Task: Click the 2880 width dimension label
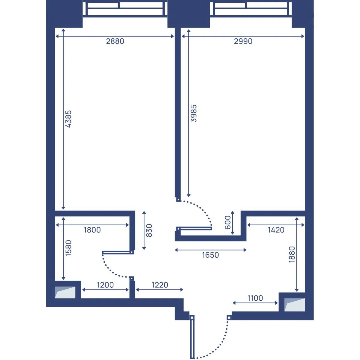tap(115, 41)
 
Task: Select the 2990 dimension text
tap(243, 41)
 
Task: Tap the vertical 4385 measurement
tap(68, 119)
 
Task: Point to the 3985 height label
tap(194, 113)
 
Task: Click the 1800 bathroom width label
tap(92, 230)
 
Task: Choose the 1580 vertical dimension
tap(68, 248)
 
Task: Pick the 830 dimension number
tap(149, 230)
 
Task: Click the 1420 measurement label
tap(276, 230)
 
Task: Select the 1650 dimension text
tap(211, 255)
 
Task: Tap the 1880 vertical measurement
tap(292, 254)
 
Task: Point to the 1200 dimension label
tap(105, 285)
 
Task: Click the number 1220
tap(160, 285)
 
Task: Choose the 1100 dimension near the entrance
tap(255, 298)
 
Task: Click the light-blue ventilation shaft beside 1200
tap(65, 292)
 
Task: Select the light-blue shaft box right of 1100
tap(295, 305)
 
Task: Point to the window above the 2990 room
tap(251, 9)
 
